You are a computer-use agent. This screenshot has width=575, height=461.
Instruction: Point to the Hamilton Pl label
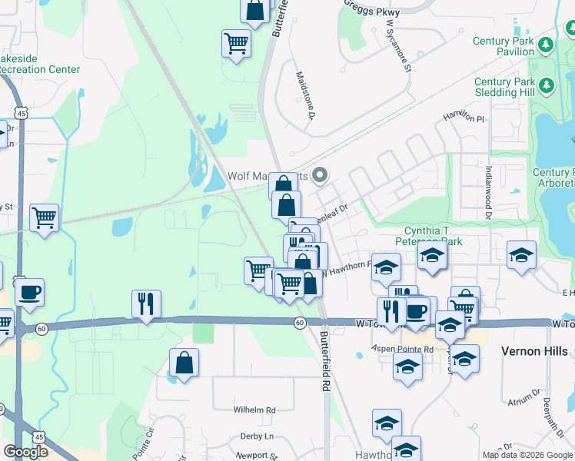464,118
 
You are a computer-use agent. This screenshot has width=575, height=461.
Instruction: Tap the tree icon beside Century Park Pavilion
547,45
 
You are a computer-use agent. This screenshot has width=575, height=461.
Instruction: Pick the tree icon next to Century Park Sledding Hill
547,86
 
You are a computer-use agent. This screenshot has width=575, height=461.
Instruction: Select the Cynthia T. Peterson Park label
444,236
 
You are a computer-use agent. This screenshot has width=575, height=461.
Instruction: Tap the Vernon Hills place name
534,351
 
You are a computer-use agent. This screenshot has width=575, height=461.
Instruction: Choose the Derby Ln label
256,436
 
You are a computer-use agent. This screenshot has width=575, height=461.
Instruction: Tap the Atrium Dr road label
525,396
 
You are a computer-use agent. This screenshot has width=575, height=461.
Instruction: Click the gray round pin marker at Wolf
319,175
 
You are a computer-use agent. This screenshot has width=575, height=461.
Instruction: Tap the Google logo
25,452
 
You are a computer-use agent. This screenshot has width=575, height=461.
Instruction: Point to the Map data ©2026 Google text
527,455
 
